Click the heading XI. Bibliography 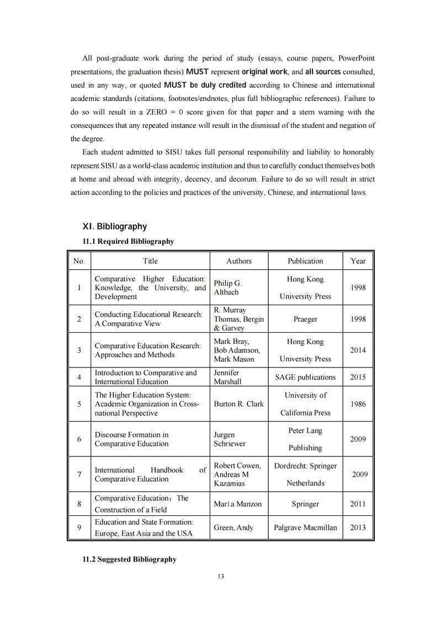point(114,226)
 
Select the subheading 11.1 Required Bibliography point(128,241)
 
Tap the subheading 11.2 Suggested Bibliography point(129,559)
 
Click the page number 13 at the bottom point(220,577)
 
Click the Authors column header point(239,261)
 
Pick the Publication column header point(305,261)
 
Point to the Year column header point(358,261)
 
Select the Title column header point(150,261)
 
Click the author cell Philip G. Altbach point(228,287)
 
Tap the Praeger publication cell point(305,319)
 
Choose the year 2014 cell point(358,350)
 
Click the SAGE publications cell point(305,377)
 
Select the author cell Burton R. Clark point(239,404)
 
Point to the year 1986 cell point(358,404)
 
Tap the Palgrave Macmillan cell point(305,527)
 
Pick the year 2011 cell point(358,504)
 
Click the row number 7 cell point(79,474)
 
